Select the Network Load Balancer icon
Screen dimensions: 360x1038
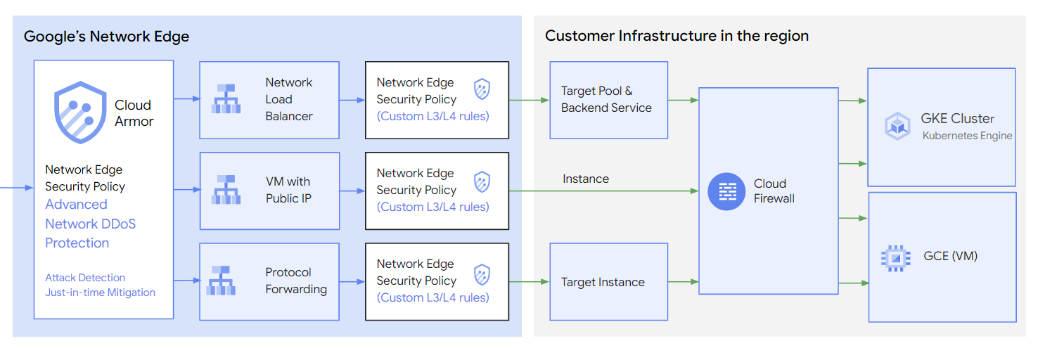[226, 99]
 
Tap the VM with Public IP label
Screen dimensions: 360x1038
[288, 190]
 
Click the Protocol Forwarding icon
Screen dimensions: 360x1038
[222, 281]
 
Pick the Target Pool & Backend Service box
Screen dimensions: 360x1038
[608, 100]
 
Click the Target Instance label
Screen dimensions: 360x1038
[603, 282]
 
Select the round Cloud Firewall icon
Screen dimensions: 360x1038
[726, 191]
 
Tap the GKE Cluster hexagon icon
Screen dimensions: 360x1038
[897, 127]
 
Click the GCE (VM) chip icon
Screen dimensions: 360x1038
[895, 257]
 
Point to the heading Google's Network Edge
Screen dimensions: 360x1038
[106, 37]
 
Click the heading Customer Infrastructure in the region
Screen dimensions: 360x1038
[677, 36]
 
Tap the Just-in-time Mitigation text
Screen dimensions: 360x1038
[100, 292]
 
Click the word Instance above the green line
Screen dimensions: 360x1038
[585, 179]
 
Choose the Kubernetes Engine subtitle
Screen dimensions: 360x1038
[967, 136]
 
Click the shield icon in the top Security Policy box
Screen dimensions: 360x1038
[482, 89]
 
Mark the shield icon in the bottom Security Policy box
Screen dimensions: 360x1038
[482, 274]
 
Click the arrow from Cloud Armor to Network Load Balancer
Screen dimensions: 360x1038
[186, 99]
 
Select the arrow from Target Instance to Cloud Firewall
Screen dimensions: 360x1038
[682, 282]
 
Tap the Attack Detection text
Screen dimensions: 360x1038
[85, 278]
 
